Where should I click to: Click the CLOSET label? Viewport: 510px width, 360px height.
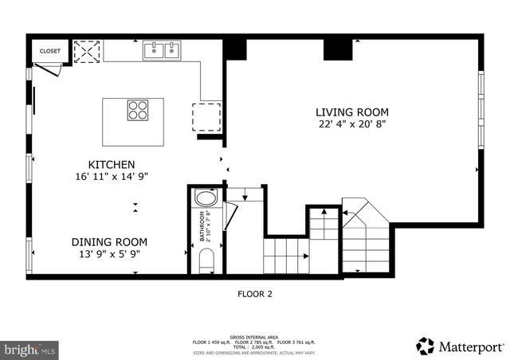tap(49, 52)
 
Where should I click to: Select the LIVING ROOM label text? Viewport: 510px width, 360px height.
tap(352, 112)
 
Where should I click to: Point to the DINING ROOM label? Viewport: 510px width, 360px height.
tap(109, 242)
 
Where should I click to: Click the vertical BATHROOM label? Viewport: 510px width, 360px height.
tap(202, 226)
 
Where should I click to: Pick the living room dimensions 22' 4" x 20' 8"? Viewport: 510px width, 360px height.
tap(352, 124)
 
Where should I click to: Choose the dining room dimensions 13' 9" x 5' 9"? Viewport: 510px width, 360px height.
tap(109, 254)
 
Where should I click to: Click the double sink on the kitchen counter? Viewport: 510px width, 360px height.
tap(164, 51)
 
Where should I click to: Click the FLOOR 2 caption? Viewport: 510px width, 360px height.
tap(255, 294)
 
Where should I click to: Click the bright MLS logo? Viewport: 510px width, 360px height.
tap(29, 349)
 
